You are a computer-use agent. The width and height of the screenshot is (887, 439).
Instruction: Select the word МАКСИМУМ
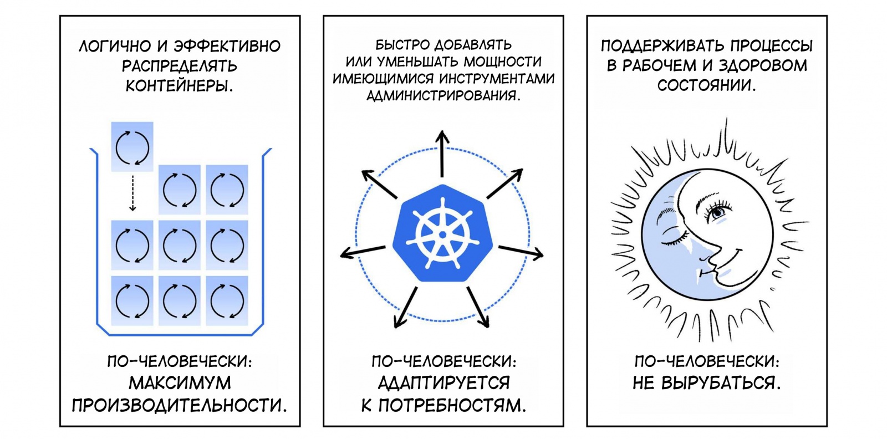[x=180, y=383]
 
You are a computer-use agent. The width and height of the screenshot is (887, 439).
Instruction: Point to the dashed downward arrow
[x=132, y=193]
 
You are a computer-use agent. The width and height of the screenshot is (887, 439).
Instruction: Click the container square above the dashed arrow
[x=132, y=146]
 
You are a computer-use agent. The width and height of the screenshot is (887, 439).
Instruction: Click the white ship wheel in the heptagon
[x=442, y=234]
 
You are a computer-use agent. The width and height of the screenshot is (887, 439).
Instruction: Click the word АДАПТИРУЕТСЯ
[x=443, y=383]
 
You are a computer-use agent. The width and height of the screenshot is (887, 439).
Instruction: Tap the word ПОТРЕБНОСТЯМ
[x=451, y=406]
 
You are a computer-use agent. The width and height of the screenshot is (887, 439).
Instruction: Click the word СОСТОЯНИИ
[x=706, y=86]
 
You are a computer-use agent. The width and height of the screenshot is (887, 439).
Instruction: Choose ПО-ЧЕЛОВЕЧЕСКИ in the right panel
[x=707, y=362]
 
